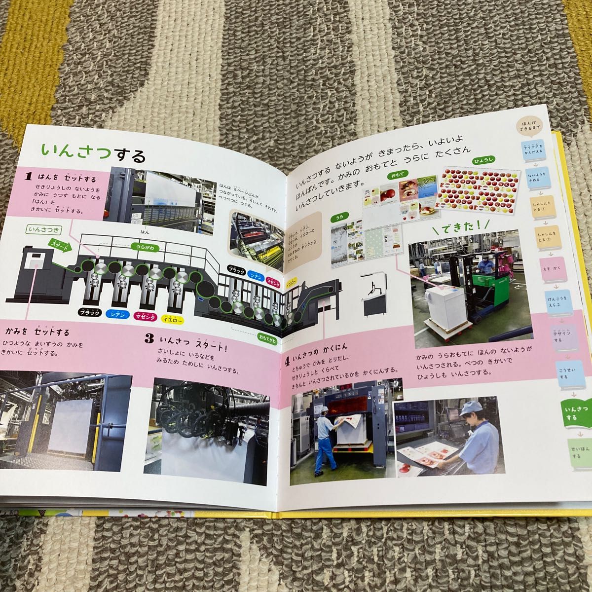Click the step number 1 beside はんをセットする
[x=29, y=176]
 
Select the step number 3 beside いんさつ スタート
[x=148, y=339]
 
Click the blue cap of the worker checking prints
[x=468, y=407]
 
